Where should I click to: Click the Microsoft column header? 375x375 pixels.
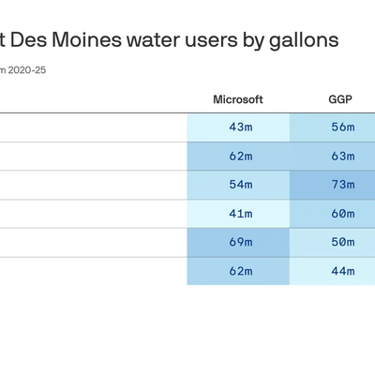(238, 99)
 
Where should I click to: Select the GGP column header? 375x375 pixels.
(340, 99)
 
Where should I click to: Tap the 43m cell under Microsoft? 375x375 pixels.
(238, 127)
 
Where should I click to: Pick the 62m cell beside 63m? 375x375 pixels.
(238, 157)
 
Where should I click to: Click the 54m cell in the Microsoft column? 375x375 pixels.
(238, 185)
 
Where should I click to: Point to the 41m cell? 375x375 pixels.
(238, 214)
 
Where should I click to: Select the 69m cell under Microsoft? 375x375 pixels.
(238, 243)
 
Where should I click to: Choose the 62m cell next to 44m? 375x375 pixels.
(238, 271)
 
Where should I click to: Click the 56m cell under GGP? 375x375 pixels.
(333, 127)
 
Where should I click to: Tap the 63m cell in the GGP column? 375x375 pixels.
(333, 157)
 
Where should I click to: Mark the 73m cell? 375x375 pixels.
(333, 185)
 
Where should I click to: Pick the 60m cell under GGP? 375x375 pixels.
(333, 214)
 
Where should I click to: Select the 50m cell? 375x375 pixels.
(333, 243)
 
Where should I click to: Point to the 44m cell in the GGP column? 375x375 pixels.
(333, 271)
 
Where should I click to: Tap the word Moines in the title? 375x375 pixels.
(86, 40)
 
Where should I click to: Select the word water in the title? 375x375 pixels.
(153, 40)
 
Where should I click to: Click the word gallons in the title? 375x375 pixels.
(304, 41)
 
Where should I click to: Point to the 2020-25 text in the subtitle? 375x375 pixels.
(27, 70)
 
